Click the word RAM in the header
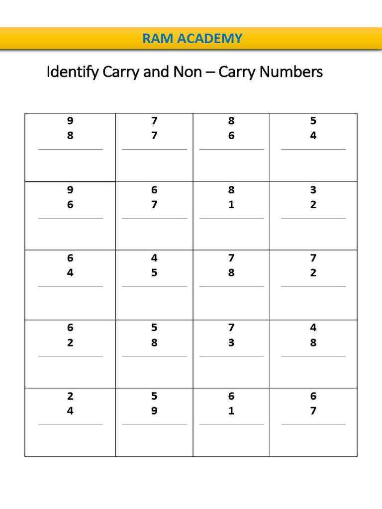tap(155, 38)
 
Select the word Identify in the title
tap(73, 73)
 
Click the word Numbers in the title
tap(291, 73)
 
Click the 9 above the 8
tap(70, 121)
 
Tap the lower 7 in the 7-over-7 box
tap(154, 136)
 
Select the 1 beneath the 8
tap(231, 204)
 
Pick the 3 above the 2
tap(313, 190)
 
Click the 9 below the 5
tap(154, 411)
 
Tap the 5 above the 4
tap(313, 121)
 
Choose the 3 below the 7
tap(231, 342)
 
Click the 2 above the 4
tap(70, 396)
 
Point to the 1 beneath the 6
tap(231, 411)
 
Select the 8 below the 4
tap(313, 342)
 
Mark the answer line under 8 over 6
tap(231, 149)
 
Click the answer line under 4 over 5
tap(154, 286)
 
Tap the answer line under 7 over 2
tap(313, 286)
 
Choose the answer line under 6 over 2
tap(70, 356)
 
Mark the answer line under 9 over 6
tap(70, 218)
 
